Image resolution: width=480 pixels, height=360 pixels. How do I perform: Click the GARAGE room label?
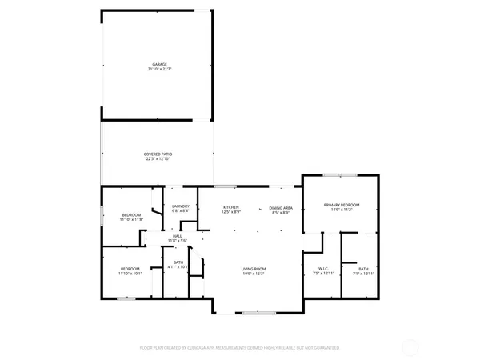[160, 64]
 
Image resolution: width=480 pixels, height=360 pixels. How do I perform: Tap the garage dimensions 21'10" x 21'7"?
[160, 70]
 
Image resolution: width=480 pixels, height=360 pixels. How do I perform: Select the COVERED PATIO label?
[158, 154]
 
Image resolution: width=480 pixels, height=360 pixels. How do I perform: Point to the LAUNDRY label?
[180, 206]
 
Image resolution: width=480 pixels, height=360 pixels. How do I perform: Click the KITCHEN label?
[231, 206]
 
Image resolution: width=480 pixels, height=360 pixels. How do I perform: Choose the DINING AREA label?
[280, 206]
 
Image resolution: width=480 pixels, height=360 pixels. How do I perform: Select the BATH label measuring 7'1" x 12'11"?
[363, 269]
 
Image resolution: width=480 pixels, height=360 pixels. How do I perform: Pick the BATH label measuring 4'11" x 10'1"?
[178, 262]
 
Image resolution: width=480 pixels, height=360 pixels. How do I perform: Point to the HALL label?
[177, 236]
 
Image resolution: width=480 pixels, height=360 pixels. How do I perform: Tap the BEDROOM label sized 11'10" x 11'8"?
[131, 214]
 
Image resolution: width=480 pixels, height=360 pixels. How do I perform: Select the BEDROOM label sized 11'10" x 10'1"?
[130, 269]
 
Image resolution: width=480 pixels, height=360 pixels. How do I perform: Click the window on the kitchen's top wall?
[230, 186]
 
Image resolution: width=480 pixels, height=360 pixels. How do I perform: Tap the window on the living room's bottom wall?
[254, 312]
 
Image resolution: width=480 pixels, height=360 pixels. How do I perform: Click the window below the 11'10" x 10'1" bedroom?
[125, 298]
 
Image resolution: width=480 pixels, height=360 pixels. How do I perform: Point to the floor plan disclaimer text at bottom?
[240, 348]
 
